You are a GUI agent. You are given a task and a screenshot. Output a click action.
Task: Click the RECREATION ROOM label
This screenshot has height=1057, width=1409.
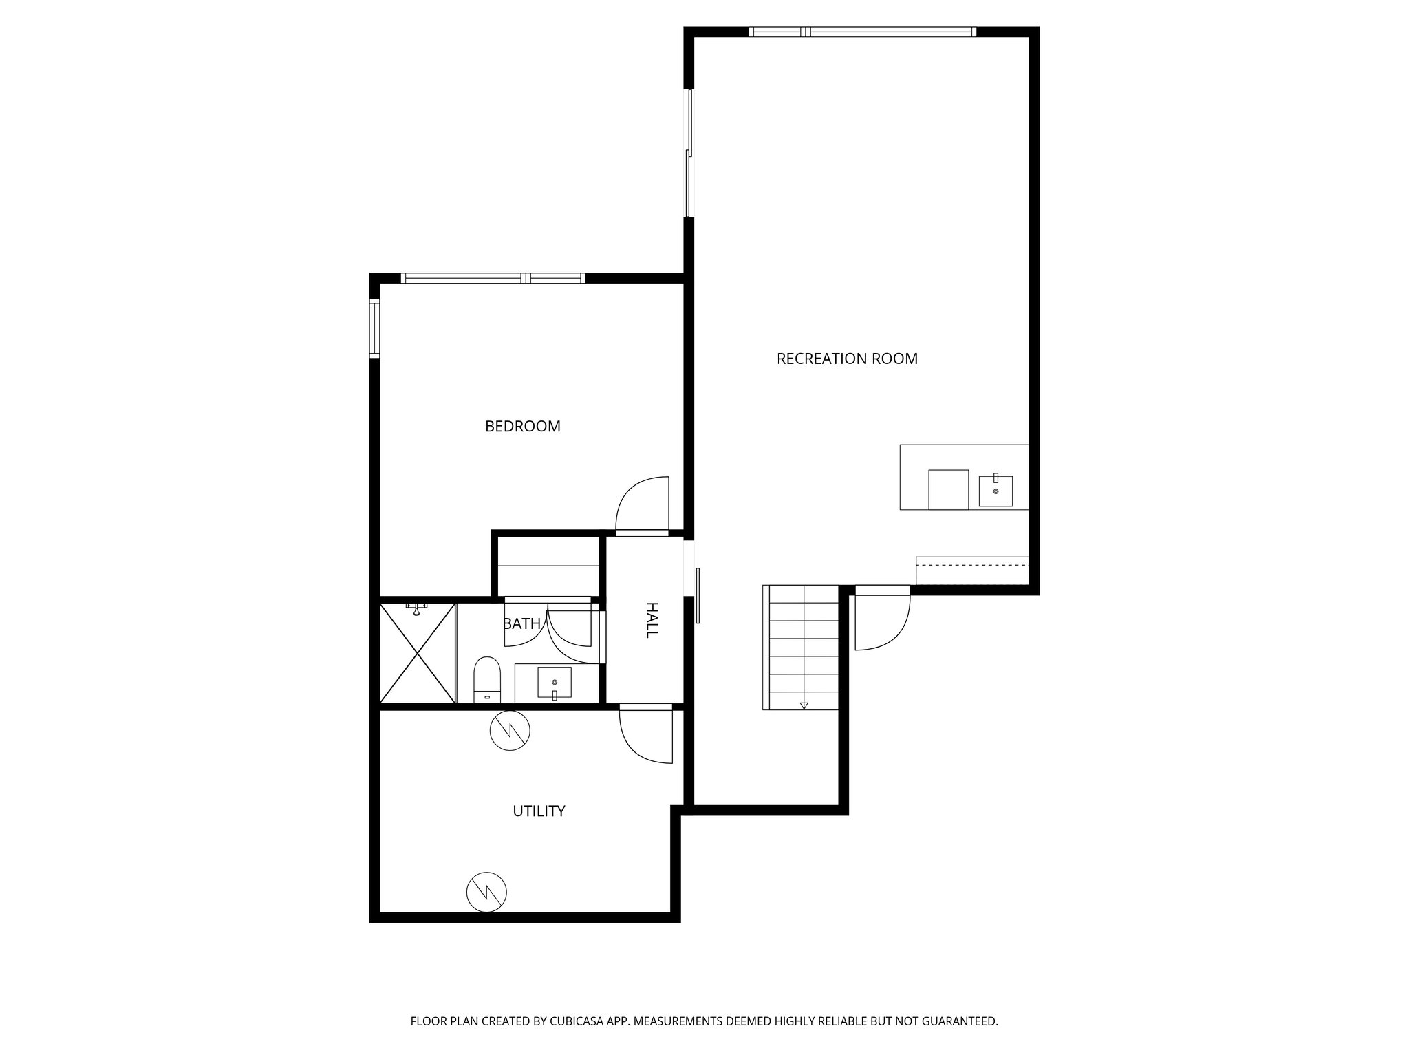847,359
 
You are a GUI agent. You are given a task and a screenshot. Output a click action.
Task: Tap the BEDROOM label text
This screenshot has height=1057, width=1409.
523,427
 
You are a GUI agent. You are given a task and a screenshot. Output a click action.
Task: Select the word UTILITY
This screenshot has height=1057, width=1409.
539,811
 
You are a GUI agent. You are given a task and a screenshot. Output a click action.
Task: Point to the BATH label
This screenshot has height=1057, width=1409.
521,624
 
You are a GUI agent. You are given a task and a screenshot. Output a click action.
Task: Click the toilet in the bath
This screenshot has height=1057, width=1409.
487,677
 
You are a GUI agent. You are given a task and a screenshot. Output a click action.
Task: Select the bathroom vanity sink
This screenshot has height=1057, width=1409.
555,683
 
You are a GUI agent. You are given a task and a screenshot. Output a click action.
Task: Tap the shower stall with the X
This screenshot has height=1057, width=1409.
418,653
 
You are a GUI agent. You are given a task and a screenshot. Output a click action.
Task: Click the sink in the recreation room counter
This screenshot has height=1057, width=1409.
996,491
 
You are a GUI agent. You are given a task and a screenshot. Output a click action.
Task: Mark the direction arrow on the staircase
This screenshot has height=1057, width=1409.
804,705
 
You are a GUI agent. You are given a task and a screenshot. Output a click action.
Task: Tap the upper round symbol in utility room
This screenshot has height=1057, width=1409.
510,729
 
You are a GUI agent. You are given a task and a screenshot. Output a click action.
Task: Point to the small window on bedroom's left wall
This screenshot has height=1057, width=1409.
374,328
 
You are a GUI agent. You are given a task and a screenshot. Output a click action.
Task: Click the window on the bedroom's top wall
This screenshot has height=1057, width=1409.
493,278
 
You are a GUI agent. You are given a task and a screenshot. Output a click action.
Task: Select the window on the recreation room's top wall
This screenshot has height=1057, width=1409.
862,32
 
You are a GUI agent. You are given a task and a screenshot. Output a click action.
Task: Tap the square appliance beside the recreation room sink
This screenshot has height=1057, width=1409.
948,489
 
